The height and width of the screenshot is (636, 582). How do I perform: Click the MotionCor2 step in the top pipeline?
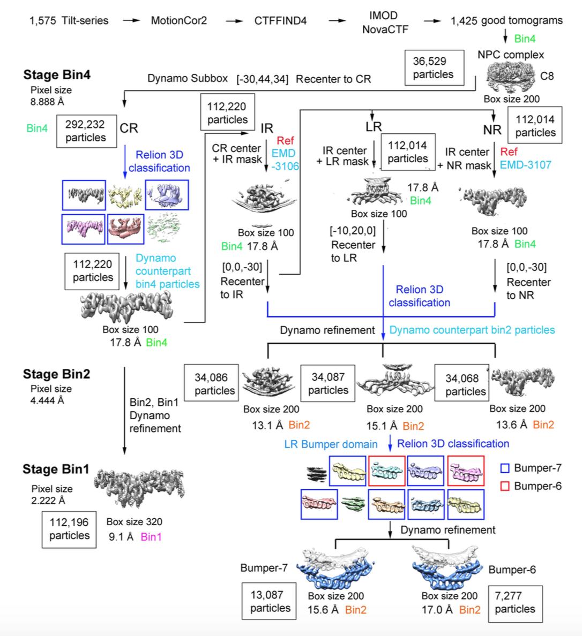pyautogui.click(x=178, y=21)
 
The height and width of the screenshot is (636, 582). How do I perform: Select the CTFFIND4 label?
pyautogui.click(x=280, y=21)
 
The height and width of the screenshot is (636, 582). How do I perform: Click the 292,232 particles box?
pyautogui.click(x=86, y=131)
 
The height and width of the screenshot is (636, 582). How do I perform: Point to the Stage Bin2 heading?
pyautogui.click(x=56, y=374)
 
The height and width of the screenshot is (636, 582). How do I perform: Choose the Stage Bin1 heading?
pyautogui.click(x=56, y=469)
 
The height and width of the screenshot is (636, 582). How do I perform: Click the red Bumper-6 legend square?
pyautogui.click(x=504, y=486)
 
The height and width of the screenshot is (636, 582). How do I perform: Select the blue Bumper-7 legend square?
pyautogui.click(x=504, y=468)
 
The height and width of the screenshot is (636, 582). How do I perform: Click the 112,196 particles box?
pyautogui.click(x=70, y=529)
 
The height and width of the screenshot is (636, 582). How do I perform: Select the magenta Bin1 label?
pyautogui.click(x=151, y=536)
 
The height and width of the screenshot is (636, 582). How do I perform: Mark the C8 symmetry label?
pyautogui.click(x=547, y=76)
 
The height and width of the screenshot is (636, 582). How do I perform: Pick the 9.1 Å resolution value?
pyautogui.click(x=121, y=536)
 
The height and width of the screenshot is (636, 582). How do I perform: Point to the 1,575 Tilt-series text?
pyautogui.click(x=69, y=21)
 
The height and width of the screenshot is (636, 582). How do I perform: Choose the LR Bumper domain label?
pyautogui.click(x=331, y=444)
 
